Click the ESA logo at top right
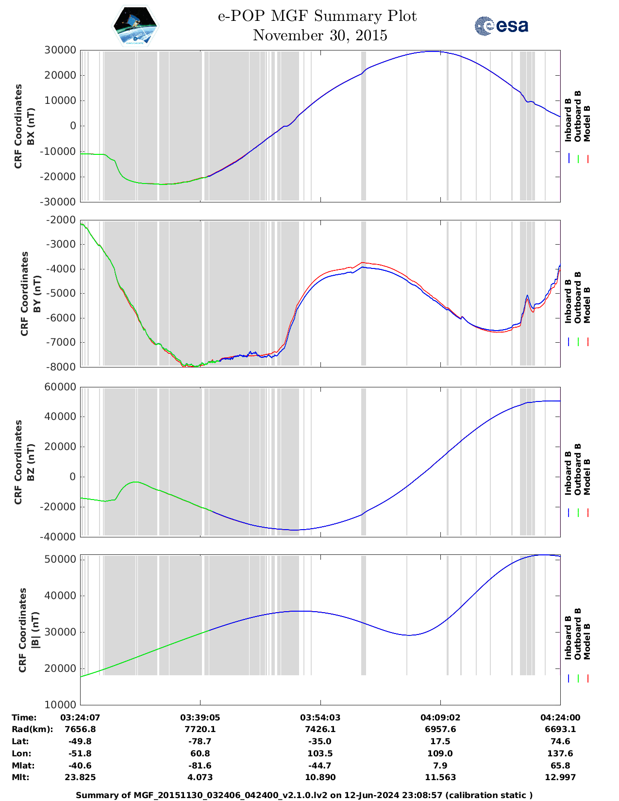[x=502, y=26]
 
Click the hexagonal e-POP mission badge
[x=135, y=26]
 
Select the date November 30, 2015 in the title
[x=320, y=35]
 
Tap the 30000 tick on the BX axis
[x=60, y=50]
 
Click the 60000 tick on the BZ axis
[x=60, y=387]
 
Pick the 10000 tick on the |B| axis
[x=60, y=704]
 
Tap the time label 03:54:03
[x=320, y=718]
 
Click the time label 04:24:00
[x=560, y=718]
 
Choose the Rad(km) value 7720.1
[x=200, y=729]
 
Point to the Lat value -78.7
[x=200, y=741]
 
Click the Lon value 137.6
[x=560, y=753]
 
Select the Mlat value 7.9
[x=440, y=766]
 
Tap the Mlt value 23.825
[x=80, y=777]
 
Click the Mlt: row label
[x=20, y=777]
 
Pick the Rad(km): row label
[x=32, y=729]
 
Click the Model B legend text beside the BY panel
[x=587, y=305]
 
